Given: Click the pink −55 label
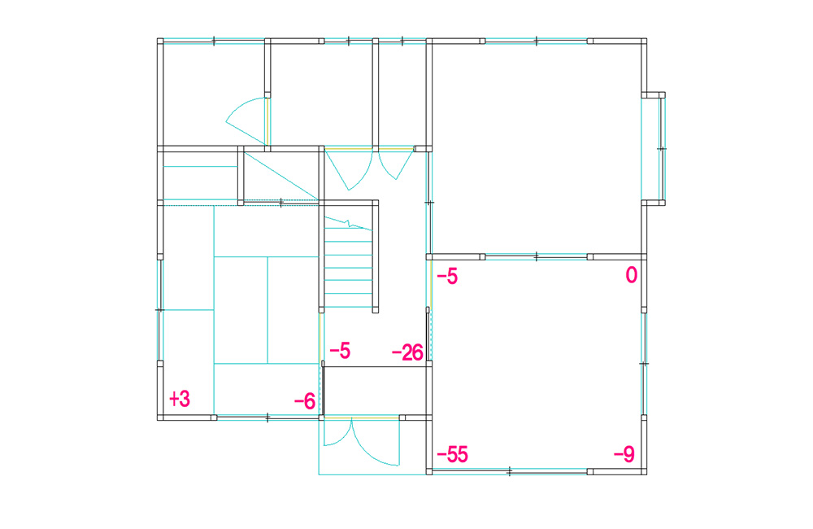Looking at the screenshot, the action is click(452, 455).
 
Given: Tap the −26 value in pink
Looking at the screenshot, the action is click(407, 353).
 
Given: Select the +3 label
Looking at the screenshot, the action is click(180, 399).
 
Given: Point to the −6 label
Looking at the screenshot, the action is click(305, 400).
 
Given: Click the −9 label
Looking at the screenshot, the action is click(624, 455).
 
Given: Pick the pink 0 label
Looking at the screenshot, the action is click(631, 274).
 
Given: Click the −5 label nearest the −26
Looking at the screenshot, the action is click(340, 351).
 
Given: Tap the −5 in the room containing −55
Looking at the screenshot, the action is click(447, 277).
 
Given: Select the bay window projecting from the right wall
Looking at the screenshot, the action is click(654, 149).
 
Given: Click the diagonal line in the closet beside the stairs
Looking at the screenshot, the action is click(280, 176).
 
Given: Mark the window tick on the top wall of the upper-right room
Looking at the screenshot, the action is click(536, 41).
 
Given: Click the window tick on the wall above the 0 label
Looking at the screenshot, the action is click(536, 256).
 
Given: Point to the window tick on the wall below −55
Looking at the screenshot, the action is click(509, 472).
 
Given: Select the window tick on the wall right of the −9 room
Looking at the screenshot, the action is click(644, 364).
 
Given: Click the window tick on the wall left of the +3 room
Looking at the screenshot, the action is click(159, 310).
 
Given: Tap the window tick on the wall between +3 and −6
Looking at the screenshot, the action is click(267, 418).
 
